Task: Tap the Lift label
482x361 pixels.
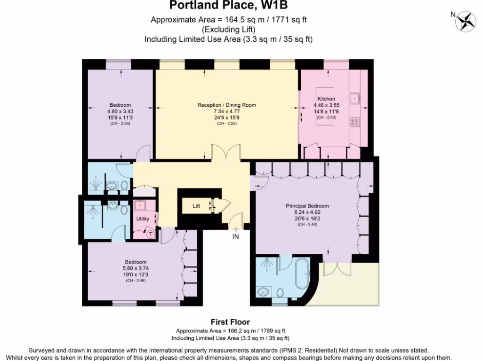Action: click(196, 206)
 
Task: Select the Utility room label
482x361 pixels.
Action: click(143, 219)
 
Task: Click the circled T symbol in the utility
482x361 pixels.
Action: click(151, 234)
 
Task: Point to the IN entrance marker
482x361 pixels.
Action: click(235, 237)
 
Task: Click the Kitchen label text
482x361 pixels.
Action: click(326, 99)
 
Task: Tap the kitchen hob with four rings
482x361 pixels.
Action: click(354, 122)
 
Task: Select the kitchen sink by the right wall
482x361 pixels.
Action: click(355, 98)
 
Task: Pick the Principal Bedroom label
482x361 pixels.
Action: click(307, 206)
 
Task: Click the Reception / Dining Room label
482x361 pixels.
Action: click(226, 105)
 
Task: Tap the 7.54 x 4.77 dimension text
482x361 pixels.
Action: click(226, 111)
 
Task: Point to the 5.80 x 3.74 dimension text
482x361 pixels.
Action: click(136, 268)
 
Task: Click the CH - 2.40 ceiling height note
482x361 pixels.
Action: click(307, 225)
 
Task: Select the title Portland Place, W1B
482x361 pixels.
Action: click(228, 6)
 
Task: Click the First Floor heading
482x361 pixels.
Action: click(230, 322)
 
